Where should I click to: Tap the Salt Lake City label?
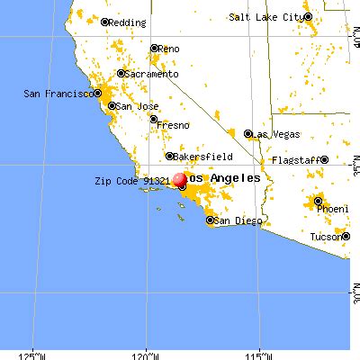pos(266,17)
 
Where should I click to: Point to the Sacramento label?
pos(148,74)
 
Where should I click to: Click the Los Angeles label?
pos(224,179)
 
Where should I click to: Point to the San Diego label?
pos(235,220)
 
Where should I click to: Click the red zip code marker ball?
pos(180,180)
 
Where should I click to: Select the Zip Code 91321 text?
pos(131,180)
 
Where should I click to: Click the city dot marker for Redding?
pos(105,22)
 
